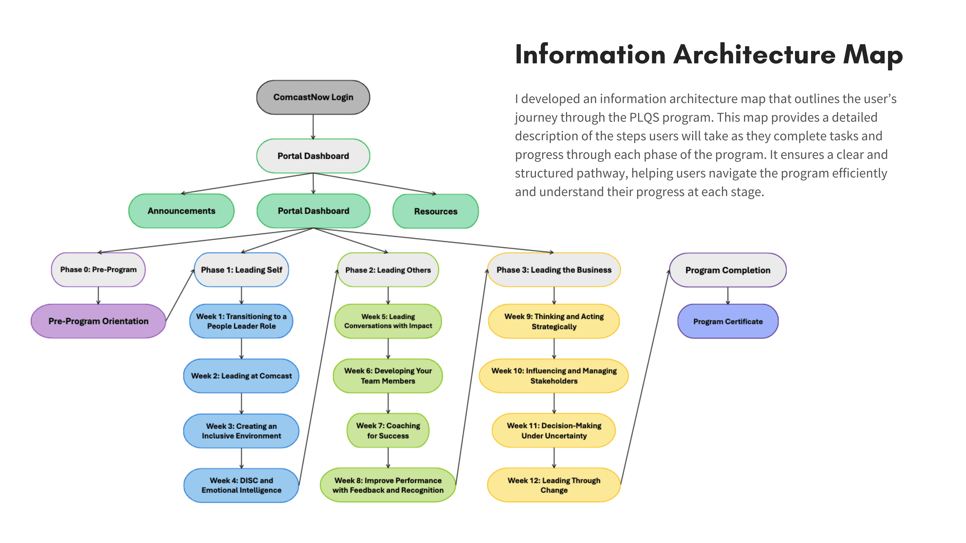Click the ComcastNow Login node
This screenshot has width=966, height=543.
(313, 97)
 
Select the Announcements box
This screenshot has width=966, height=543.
(181, 211)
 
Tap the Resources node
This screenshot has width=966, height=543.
(436, 211)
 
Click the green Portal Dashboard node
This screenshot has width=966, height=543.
(313, 211)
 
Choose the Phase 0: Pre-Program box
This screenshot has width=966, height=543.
(98, 270)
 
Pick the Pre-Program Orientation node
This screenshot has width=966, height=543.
(98, 321)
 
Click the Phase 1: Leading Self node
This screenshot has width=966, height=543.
(242, 270)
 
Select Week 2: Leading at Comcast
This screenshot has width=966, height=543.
(242, 376)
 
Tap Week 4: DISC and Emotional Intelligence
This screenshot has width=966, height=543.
(242, 485)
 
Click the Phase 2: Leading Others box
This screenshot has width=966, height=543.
(388, 270)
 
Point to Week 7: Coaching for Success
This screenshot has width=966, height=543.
(388, 431)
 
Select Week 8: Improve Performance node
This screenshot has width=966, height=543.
(388, 485)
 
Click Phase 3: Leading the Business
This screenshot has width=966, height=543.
(554, 270)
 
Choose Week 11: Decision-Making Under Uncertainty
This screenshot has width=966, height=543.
(554, 431)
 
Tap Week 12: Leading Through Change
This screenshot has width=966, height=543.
(554, 485)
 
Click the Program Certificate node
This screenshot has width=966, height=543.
(728, 322)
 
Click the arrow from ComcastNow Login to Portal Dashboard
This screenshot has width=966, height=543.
(313, 127)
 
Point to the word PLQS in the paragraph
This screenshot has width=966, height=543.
(644, 117)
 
